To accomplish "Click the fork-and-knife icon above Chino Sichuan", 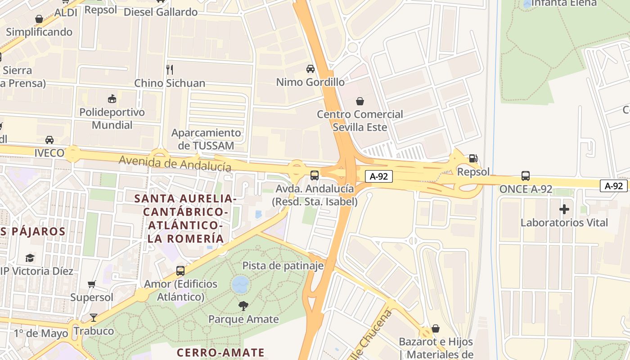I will pos(170,69).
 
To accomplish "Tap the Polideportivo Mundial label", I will pos(112,118).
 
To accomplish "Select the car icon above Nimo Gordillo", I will pos(310,68).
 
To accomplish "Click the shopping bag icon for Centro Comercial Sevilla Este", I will pos(360,101).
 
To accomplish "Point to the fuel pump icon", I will pos(473,158).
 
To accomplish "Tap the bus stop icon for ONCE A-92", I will pos(525,175).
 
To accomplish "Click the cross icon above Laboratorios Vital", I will pos(564,209).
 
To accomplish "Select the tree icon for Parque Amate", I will pos(243,306).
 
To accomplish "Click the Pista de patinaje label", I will pos(283,266).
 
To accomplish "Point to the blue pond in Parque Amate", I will pos(241,284).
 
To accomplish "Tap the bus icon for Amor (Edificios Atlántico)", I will pos(180,270).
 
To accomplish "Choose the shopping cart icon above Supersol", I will pos(92,284).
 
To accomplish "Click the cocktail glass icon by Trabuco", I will pos(93,318).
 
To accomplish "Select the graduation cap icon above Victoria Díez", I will pos(30,258).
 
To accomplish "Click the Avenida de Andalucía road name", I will pos(175,163).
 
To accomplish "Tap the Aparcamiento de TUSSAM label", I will pos(206,139).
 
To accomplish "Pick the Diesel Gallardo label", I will pos(161,12).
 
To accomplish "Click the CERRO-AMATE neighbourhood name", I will pos(220,352).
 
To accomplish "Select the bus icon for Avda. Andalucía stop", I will pos(315,175).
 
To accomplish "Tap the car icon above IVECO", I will pos(49,140).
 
